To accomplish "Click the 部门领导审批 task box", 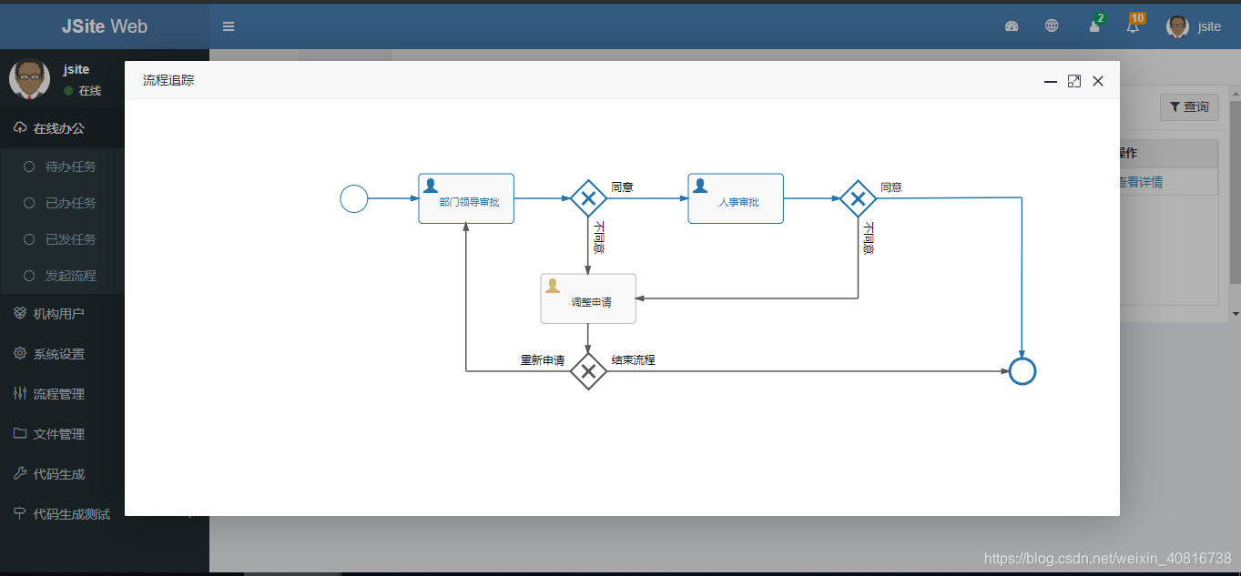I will coord(466,198).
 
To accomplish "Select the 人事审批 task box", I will coord(736,198).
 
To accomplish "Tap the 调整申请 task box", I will coord(588,298).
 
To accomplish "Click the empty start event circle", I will coord(353,198).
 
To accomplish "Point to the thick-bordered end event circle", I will coord(1022,371).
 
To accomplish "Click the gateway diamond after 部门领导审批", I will coord(588,198).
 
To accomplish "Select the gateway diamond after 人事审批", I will coord(858,198).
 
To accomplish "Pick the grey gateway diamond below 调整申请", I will coord(588,371).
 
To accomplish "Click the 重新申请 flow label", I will coord(542,360).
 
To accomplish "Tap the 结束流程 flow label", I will coord(633,360).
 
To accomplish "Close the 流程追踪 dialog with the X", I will coord(1098,81).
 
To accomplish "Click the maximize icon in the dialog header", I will coord(1074,81).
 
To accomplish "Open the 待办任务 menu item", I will coord(70,167).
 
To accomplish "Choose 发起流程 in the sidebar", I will coord(70,276).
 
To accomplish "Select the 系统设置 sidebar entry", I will coord(58,354).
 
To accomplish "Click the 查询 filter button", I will coord(1189,107).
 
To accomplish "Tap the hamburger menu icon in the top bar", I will coord(229,26).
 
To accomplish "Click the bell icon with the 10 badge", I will coord(1133,26).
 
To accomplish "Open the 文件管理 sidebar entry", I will coord(58,434).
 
